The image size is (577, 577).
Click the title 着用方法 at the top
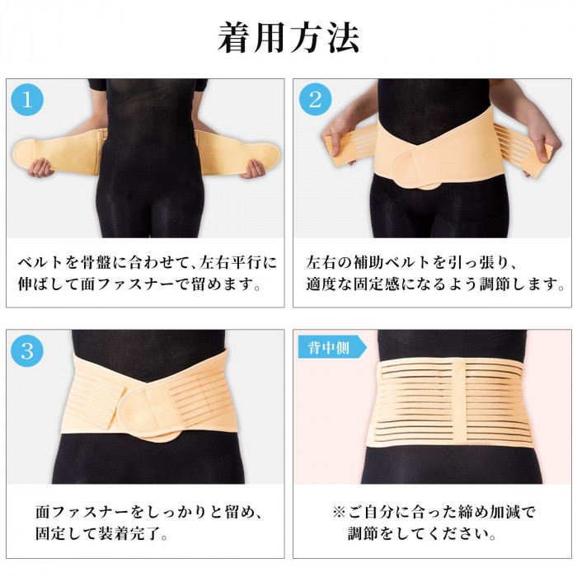(288, 38)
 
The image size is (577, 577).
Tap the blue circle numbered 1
(27, 100)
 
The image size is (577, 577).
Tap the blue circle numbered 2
(315, 100)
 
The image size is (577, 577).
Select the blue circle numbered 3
(27, 350)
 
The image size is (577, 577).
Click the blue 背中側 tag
(331, 348)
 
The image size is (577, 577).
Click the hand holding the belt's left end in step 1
(40, 168)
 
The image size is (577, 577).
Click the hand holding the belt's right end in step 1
(253, 169)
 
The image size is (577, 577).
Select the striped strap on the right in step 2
(523, 149)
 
